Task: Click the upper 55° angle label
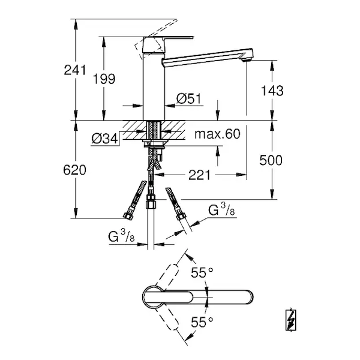(202, 274)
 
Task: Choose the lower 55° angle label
(202, 322)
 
